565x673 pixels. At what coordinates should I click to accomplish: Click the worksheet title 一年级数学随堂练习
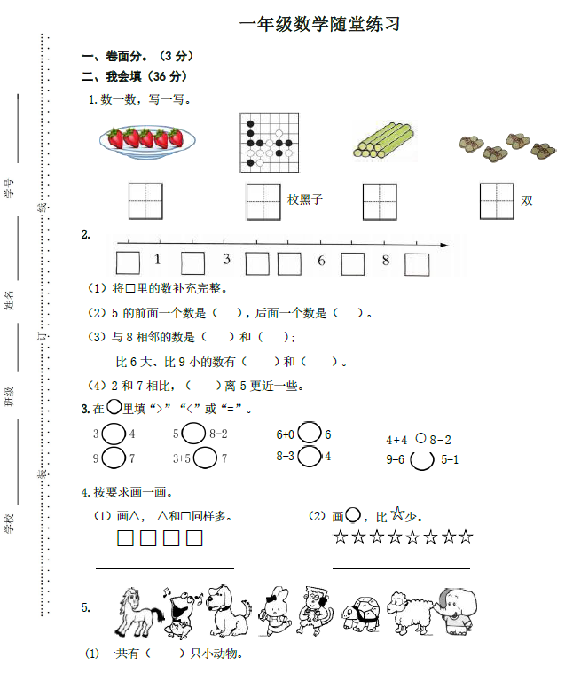pos(319,24)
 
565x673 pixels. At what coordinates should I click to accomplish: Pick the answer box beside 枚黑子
pos(263,202)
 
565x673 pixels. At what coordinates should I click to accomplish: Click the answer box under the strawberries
pos(146,201)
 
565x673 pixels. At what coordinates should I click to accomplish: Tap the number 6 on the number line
pos(321,261)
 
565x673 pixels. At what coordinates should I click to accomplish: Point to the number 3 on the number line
pos(226,260)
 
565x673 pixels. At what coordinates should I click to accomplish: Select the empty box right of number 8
pos(417,263)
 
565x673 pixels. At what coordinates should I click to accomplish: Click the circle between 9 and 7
pos(114,458)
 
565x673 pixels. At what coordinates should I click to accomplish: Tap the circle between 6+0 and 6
pos(309,434)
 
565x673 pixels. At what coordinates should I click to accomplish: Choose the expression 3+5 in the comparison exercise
pos(182,458)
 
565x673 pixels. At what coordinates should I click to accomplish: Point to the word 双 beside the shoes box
pos(527,201)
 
